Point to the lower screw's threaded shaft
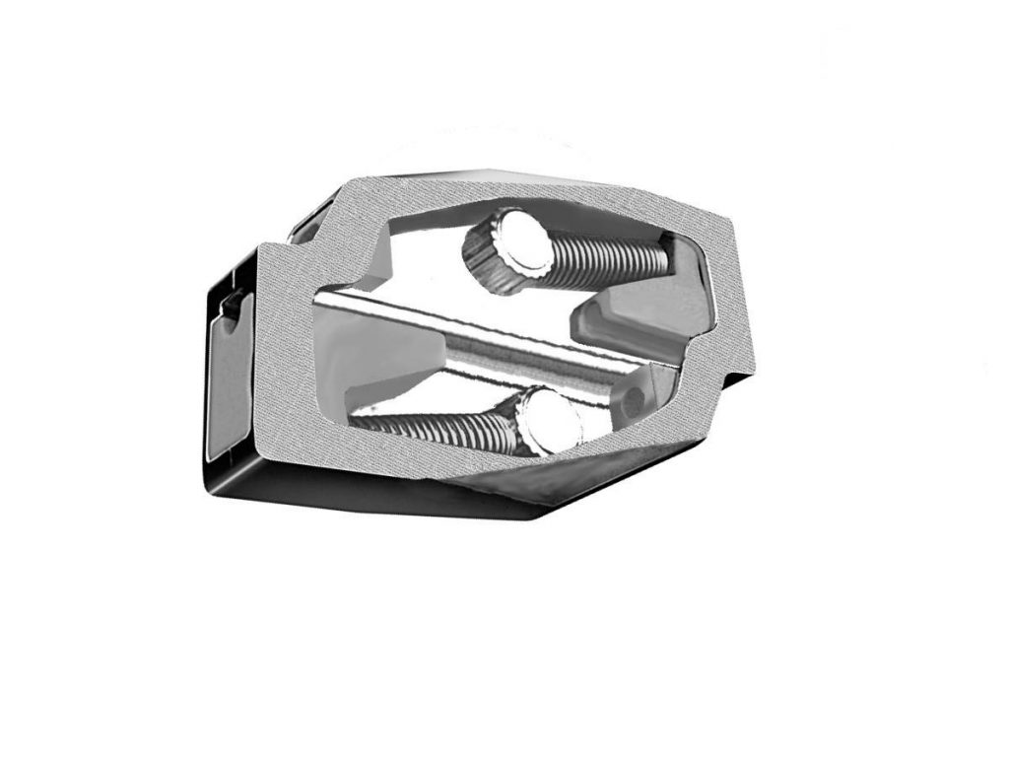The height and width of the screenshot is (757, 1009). click(443, 428)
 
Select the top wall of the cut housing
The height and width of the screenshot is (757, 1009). click(512, 192)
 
